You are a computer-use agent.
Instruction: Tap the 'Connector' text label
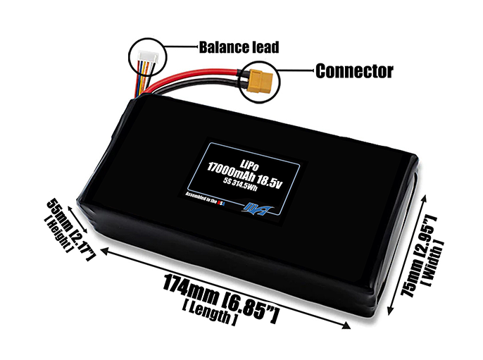(x=353, y=71)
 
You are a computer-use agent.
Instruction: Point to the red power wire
(x=204, y=73)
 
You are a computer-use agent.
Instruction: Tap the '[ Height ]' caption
(x=57, y=235)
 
